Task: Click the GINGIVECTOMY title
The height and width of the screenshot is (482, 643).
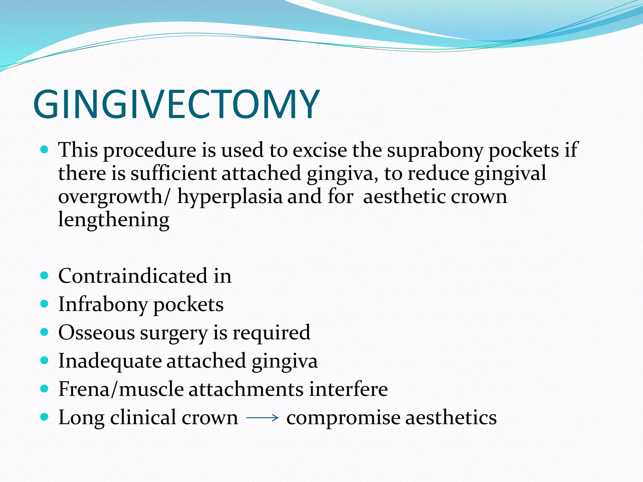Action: [176, 104]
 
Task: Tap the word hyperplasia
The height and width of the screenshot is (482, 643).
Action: [230, 197]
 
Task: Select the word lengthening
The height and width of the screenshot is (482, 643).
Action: [114, 220]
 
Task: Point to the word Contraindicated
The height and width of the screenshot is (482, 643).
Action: [132, 276]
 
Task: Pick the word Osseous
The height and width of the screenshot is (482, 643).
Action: [96, 333]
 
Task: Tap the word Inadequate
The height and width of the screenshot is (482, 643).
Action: [110, 361]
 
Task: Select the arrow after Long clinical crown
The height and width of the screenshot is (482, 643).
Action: [262, 418]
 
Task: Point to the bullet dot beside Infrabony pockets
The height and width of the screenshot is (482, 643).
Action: [45, 304]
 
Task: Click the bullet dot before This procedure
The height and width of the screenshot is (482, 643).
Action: [45, 149]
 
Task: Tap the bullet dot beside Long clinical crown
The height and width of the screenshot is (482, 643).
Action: [45, 417]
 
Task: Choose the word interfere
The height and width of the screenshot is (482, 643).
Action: [349, 389]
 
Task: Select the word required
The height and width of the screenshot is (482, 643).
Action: [271, 333]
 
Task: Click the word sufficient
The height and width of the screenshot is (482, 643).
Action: [173, 174]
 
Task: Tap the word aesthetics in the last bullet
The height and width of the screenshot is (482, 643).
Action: [451, 418]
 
